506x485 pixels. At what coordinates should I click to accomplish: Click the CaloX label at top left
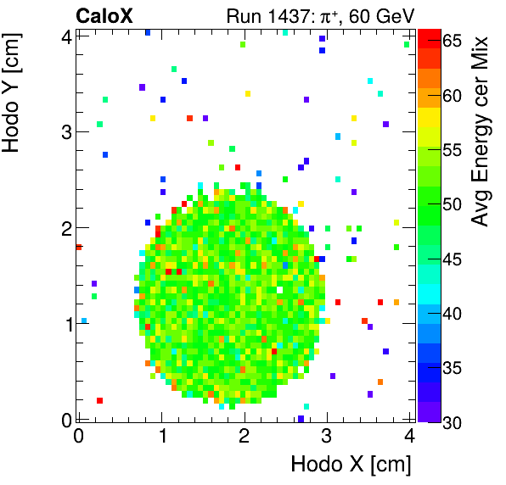tap(104, 14)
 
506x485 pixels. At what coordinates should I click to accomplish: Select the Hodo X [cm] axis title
tap(351, 465)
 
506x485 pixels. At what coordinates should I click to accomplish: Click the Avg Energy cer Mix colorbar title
tap(481, 131)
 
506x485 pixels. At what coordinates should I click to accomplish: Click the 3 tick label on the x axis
tap(327, 437)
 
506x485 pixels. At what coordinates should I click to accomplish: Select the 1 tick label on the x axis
tap(161, 437)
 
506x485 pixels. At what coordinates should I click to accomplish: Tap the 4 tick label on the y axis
tap(65, 36)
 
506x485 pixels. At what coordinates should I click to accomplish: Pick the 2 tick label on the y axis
tap(65, 227)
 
